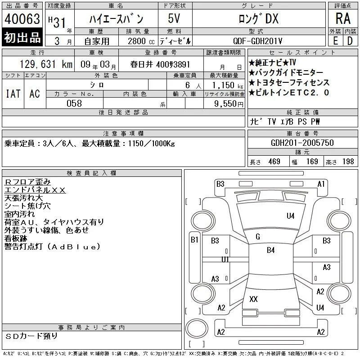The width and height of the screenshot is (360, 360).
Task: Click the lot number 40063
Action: pyautogui.click(x=22, y=18)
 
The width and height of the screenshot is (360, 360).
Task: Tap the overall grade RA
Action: pyautogui.click(x=343, y=18)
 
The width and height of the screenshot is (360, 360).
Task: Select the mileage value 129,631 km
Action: pyautogui.click(x=46, y=64)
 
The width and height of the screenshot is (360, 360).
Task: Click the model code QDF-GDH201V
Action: pyautogui.click(x=257, y=41)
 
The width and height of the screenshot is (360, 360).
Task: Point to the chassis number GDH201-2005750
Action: pyautogui.click(x=302, y=143)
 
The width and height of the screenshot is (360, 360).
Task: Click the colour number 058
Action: pyautogui.click(x=74, y=103)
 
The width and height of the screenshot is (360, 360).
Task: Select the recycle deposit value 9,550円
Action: pyautogui.click(x=229, y=103)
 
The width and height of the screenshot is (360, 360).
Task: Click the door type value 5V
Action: pyautogui.click(x=174, y=18)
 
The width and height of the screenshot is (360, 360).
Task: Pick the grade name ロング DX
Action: pyautogui.click(x=259, y=18)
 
